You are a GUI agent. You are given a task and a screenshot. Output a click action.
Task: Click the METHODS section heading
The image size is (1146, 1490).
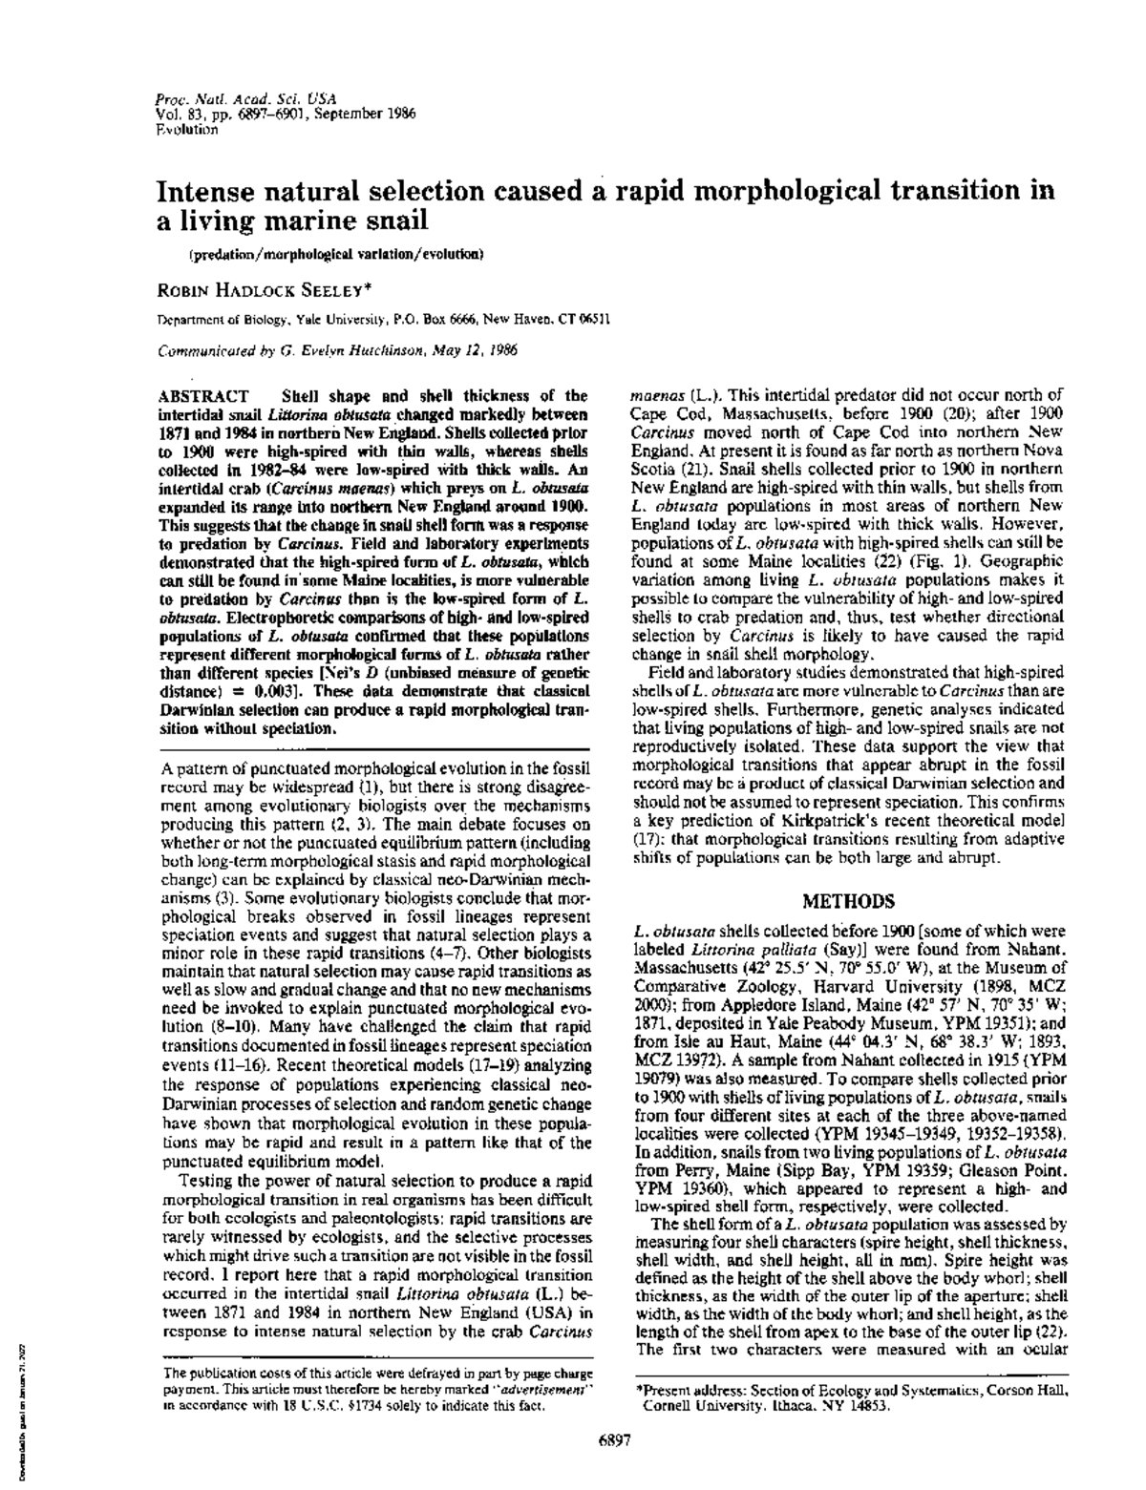pyautogui.click(x=848, y=901)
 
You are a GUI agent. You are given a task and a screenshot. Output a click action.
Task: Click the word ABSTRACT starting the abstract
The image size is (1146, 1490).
pyautogui.click(x=202, y=395)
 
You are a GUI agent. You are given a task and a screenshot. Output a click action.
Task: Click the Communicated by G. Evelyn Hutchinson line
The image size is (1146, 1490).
pyautogui.click(x=338, y=349)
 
